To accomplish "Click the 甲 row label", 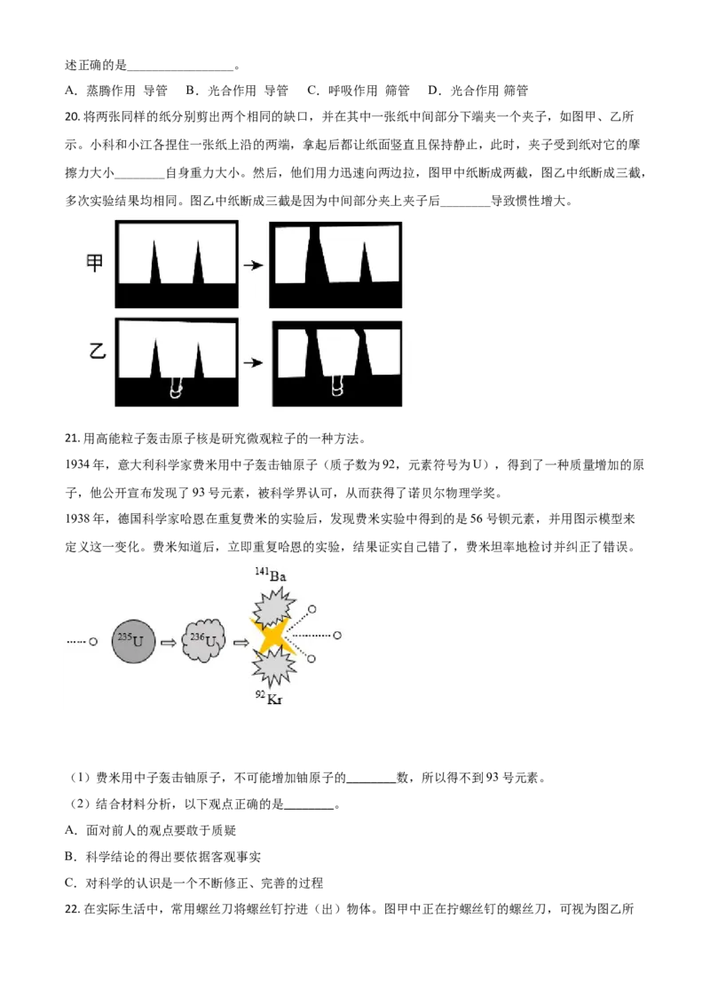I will point(95,263).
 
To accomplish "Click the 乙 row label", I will point(98,351).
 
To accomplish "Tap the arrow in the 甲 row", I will point(254,265).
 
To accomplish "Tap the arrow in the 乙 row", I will point(254,362).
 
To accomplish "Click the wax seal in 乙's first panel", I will point(177,388).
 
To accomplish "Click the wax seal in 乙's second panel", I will point(337,386).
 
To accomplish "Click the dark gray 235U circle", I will point(137,639).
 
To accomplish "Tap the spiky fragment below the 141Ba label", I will point(272,610).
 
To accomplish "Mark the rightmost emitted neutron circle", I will point(337,636).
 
